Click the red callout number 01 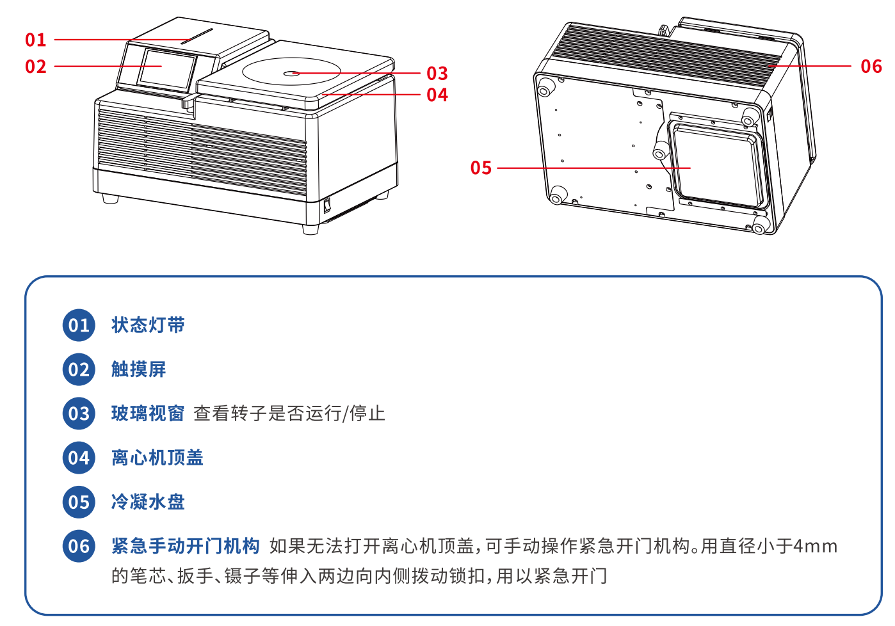pos(36,40)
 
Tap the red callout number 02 pos(36,67)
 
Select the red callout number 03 pos(437,74)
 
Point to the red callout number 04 pos(437,95)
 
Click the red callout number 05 pos(481,168)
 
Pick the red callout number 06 pos(871,67)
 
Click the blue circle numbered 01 pos(79,325)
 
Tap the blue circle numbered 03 pos(79,413)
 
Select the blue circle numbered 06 pos(79,546)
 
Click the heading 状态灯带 pos(148,325)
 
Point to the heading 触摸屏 pos(139,369)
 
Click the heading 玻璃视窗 pos(148,413)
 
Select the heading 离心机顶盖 pos(157,458)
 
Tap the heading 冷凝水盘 pos(148,502)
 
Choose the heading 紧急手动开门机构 pos(186,546)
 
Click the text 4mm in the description pos(815,547)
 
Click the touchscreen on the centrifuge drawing pos(167,70)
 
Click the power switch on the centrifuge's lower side pos(327,205)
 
